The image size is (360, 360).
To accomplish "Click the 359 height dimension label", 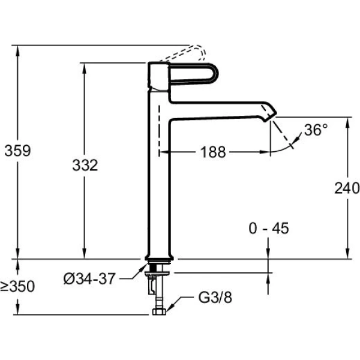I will (17, 150).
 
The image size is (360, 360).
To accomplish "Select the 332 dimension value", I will (85, 165).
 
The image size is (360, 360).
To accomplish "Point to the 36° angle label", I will (316, 130).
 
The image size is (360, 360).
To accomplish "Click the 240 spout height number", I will (347, 188).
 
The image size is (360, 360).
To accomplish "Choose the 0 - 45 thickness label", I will (269, 228).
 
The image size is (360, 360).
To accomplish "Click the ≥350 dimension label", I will (17, 287).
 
